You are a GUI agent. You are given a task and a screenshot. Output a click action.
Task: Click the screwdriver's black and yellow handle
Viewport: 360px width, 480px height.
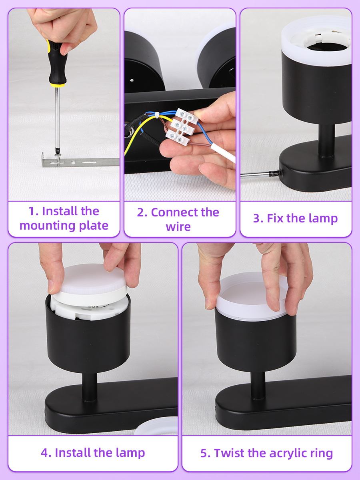[56, 64]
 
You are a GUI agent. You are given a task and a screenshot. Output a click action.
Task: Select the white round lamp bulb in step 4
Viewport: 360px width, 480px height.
[90, 284]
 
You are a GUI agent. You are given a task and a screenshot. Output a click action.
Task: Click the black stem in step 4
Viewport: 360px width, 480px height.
[89, 387]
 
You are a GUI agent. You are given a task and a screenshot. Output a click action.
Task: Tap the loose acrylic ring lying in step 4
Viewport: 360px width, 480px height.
[156, 425]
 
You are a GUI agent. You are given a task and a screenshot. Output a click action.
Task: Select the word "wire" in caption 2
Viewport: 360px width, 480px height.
[178, 226]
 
